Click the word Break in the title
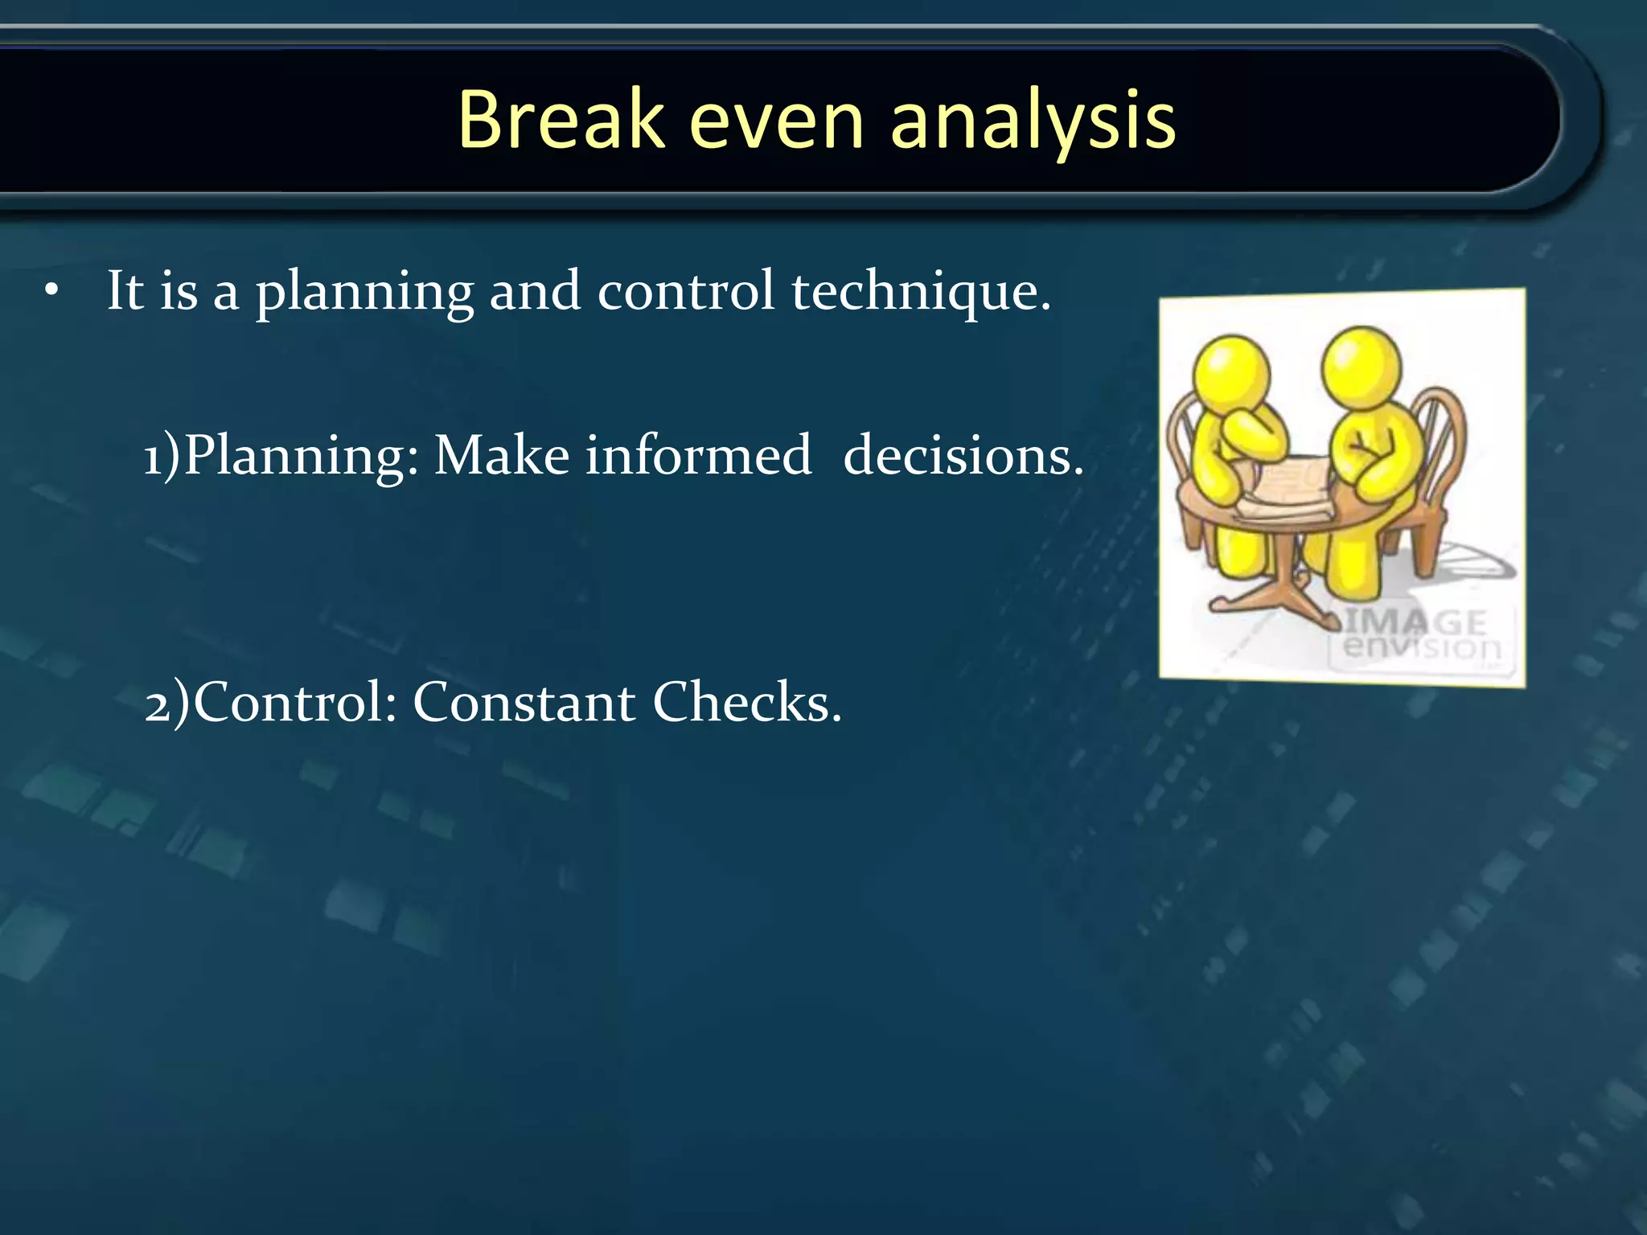561,120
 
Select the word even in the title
776,120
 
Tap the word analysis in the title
1033,120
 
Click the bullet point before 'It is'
52,293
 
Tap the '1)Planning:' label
281,457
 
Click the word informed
698,455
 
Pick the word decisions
963,456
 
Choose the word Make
502,455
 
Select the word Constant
524,703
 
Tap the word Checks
746,703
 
